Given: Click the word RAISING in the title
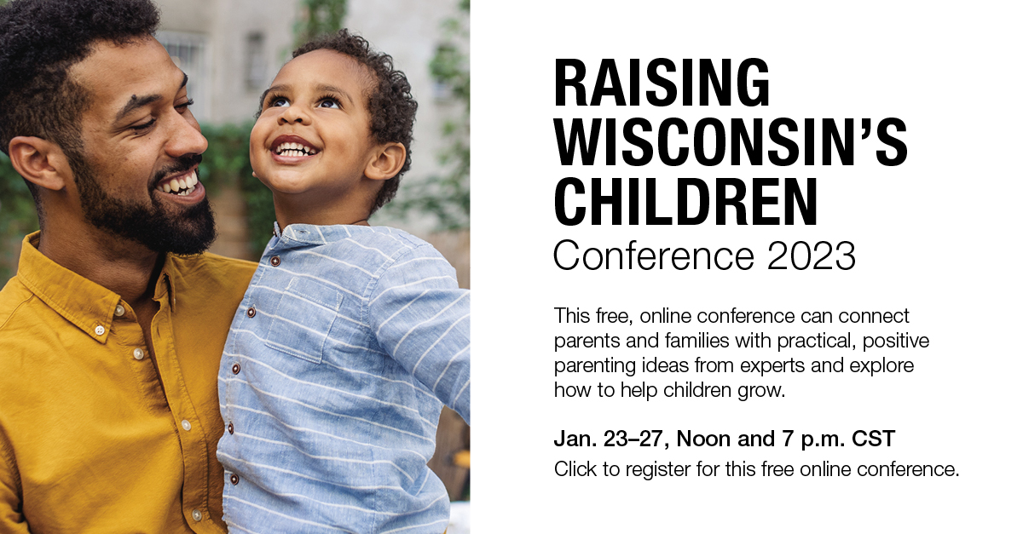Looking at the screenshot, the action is (x=662, y=83).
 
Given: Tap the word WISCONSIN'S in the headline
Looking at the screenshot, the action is (x=731, y=142).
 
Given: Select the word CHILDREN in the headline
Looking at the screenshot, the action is (x=685, y=201).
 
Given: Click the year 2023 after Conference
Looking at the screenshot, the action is (x=811, y=256).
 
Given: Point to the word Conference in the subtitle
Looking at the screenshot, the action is (x=654, y=256).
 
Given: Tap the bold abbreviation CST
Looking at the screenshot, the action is (x=873, y=439).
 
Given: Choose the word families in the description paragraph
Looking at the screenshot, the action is (x=697, y=341).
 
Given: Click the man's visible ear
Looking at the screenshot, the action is (x=37, y=163).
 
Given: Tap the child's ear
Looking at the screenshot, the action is (x=386, y=161).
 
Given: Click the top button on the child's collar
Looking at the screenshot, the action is (x=275, y=261).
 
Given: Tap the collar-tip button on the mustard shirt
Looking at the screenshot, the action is (x=99, y=330).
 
